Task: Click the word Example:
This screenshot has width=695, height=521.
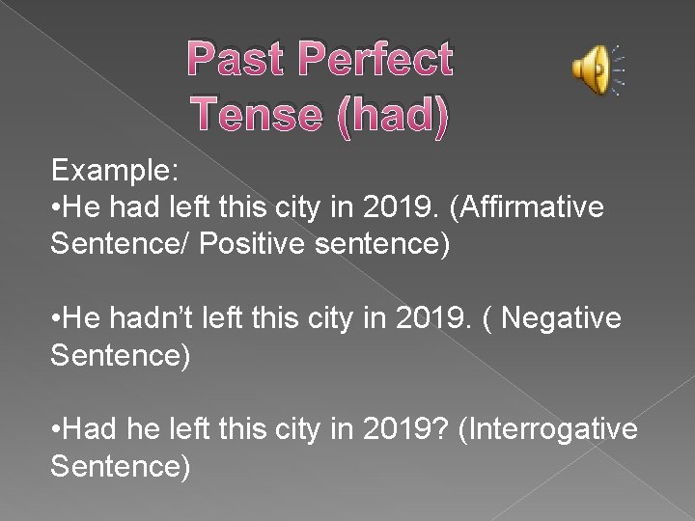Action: [x=115, y=172]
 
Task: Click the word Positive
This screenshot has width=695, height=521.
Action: [x=253, y=242]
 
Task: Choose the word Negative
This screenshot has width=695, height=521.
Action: [x=561, y=317]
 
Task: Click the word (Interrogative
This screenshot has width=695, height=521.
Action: [x=548, y=427]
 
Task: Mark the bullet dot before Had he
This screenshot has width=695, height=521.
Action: [x=57, y=428]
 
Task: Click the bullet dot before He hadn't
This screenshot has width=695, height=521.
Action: [x=57, y=318]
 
